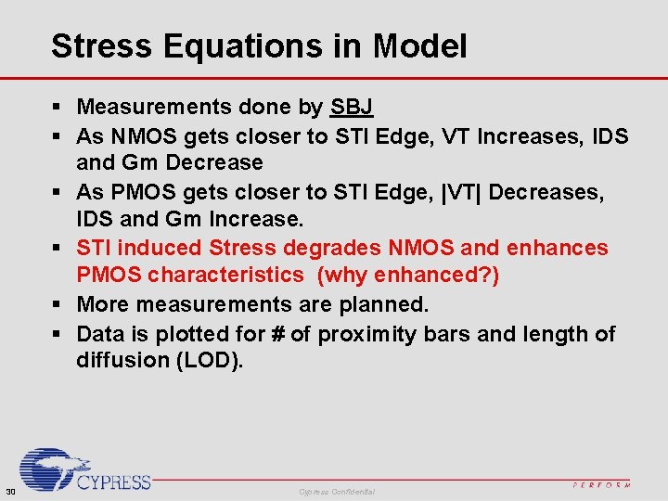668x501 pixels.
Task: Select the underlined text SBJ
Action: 352,108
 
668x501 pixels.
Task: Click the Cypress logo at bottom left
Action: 84,470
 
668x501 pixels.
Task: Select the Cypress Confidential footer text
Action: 337,491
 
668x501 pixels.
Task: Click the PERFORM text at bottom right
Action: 601,484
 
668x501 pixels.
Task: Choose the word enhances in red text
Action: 563,248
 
